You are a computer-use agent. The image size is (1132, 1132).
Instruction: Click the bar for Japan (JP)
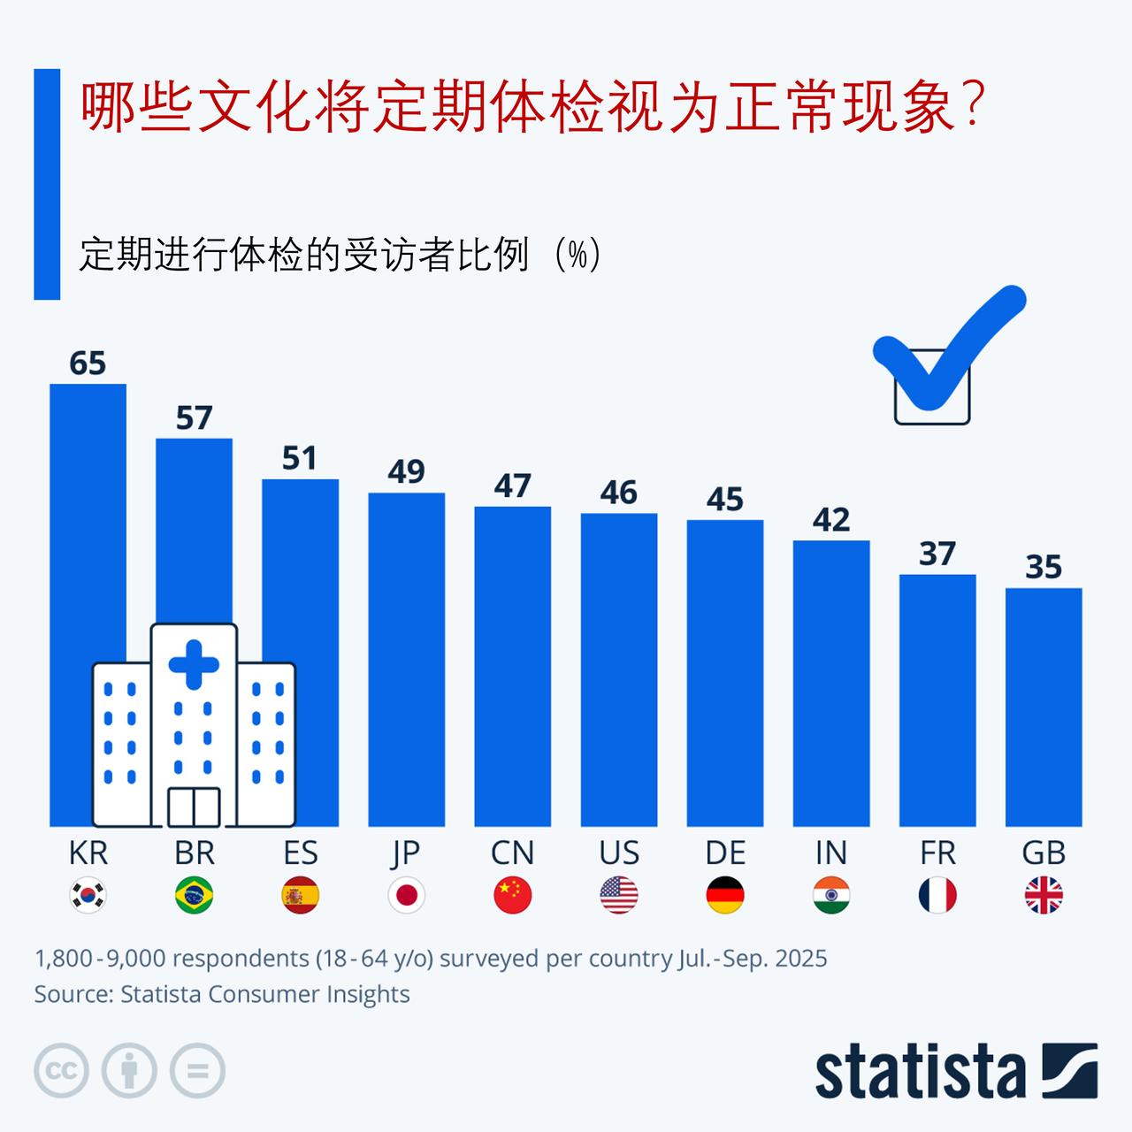click(406, 659)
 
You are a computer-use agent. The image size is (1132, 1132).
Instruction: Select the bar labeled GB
click(1044, 707)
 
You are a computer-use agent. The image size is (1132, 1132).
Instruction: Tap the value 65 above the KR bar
click(88, 363)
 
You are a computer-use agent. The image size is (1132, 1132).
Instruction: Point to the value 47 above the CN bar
click(512, 486)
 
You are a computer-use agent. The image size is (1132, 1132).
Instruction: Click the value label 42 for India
click(830, 520)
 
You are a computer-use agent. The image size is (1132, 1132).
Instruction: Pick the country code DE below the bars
click(725, 853)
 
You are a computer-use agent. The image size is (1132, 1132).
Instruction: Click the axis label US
click(618, 853)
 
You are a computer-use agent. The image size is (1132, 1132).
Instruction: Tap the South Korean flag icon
click(88, 895)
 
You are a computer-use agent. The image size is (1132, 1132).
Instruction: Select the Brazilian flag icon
click(194, 895)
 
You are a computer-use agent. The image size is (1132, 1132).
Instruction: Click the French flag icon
click(937, 895)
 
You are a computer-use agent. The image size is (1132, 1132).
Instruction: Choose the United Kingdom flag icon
click(1044, 895)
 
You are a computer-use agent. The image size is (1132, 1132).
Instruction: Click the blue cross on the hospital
click(194, 665)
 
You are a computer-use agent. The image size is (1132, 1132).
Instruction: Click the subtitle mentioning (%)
click(340, 256)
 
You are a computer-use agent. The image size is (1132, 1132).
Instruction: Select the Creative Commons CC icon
click(61, 1071)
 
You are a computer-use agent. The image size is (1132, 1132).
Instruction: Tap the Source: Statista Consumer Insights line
click(221, 994)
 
